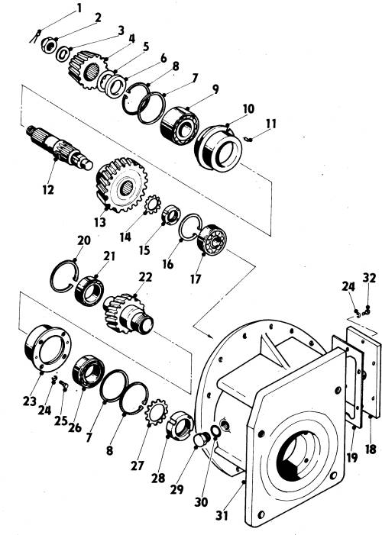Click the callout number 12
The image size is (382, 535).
[48, 189]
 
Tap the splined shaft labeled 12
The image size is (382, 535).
[60, 148]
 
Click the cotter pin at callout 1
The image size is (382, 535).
[35, 36]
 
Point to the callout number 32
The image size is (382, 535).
[369, 278]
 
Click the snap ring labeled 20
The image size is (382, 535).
[64, 276]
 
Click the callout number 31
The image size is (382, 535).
[222, 515]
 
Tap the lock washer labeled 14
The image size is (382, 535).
[153, 204]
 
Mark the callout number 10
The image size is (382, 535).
[249, 109]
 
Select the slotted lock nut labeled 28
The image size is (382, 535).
[180, 426]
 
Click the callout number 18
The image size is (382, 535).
[371, 450]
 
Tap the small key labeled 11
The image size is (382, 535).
[249, 139]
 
